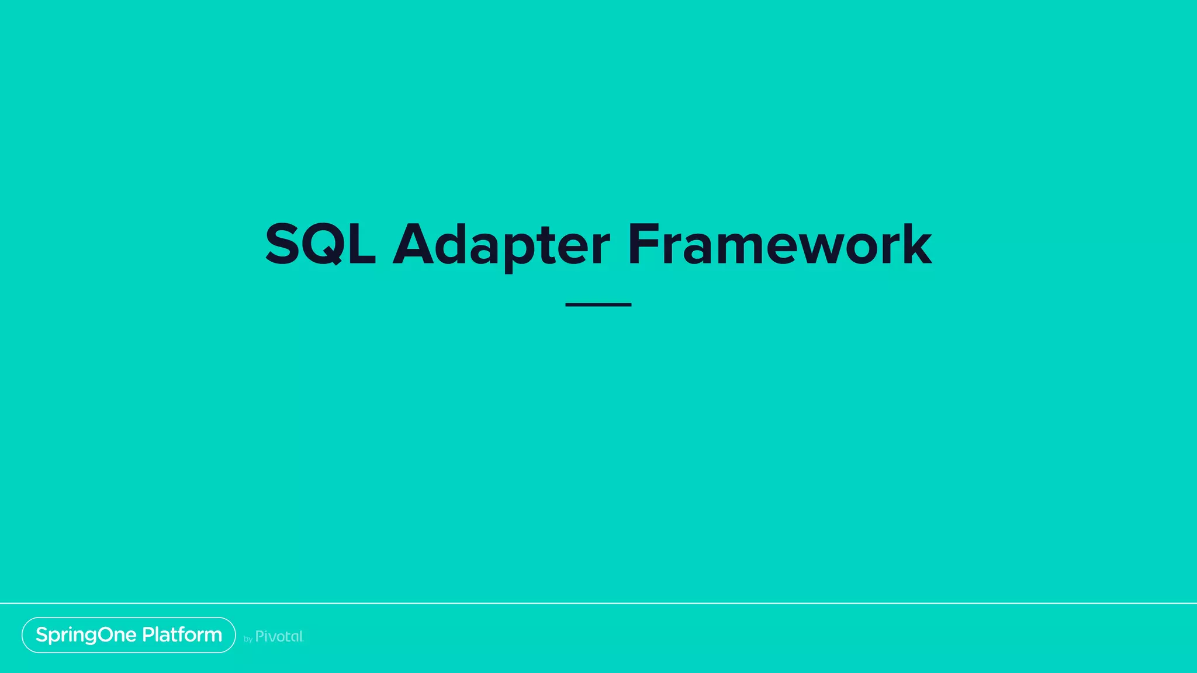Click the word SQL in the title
tap(320, 244)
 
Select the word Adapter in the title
tap(501, 244)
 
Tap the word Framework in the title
tap(779, 244)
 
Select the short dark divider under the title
tap(598, 304)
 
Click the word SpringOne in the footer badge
tap(86, 635)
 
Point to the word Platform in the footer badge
tap(182, 634)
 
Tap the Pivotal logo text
tap(279, 636)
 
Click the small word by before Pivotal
tap(248, 639)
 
